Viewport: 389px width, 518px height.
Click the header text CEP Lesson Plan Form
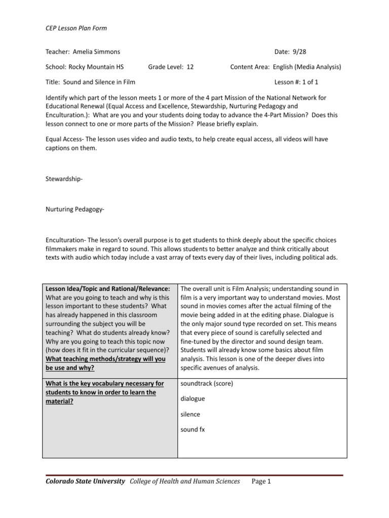click(76, 28)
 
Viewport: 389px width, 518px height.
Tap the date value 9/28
click(299, 52)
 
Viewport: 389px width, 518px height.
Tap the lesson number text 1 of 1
click(309, 82)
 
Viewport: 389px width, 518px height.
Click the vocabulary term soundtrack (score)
click(207, 383)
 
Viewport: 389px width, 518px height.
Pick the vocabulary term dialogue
click(192, 399)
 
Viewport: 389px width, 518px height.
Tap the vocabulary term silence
click(190, 414)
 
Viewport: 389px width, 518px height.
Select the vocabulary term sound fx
click(192, 429)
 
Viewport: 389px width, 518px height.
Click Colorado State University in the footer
click(85, 481)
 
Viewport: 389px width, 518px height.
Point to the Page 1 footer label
click(261, 481)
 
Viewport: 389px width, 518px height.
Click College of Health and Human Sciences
click(185, 481)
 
